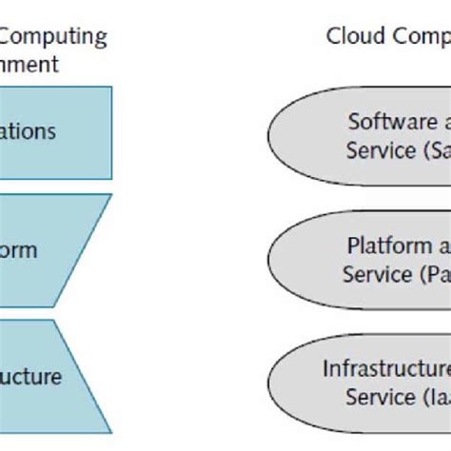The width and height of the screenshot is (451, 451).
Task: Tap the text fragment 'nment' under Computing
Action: click(x=29, y=65)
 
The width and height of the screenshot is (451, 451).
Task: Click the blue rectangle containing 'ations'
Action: click(x=52, y=132)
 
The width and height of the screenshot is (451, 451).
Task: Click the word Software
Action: click(x=386, y=122)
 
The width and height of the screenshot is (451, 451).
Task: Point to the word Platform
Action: click(x=388, y=245)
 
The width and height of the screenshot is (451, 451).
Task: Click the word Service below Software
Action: click(x=379, y=150)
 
